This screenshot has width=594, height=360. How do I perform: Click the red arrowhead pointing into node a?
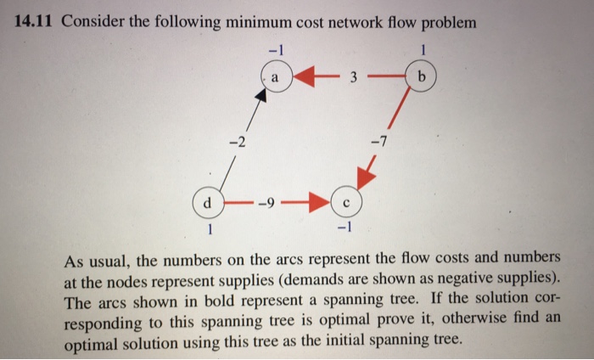pyautogui.click(x=307, y=75)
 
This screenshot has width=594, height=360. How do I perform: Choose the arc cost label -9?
pyautogui.click(x=269, y=204)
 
